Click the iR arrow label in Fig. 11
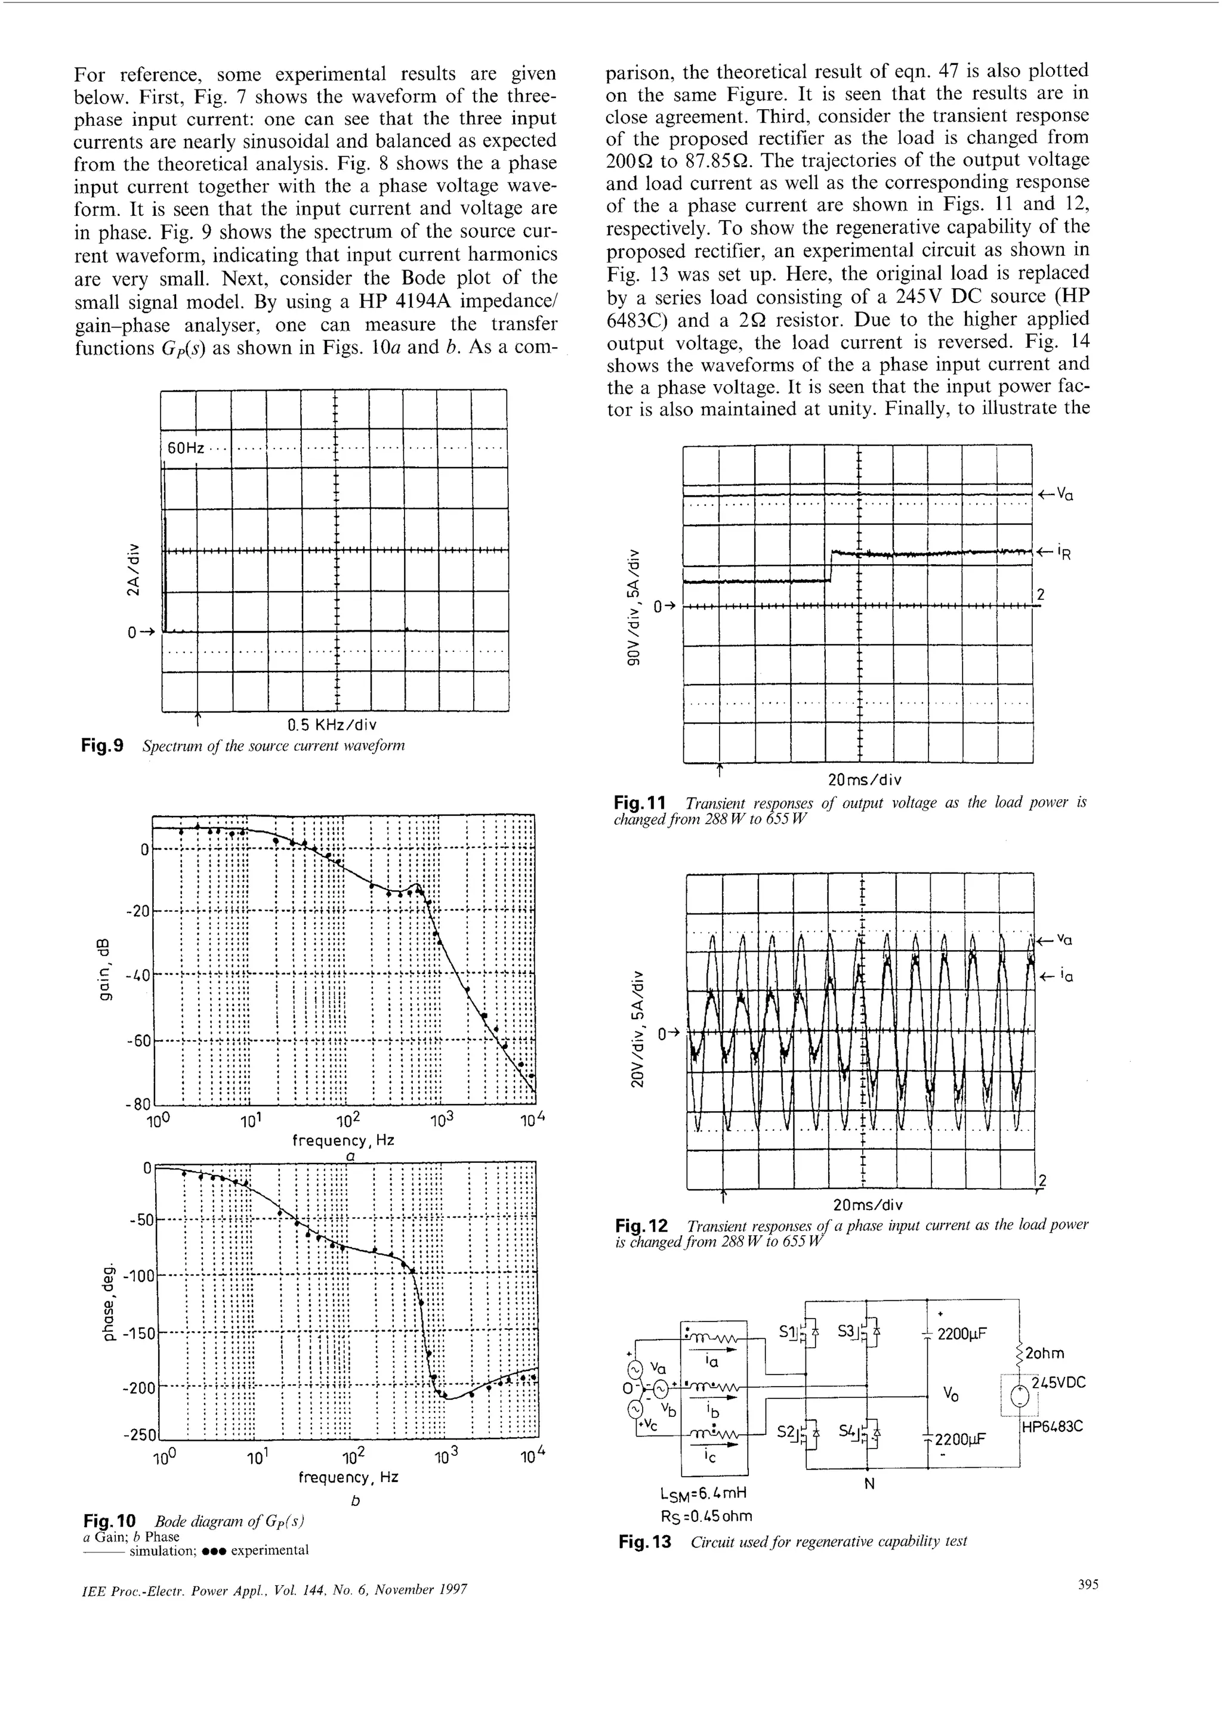coord(1063,553)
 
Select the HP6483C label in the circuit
coord(1052,1426)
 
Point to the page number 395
coord(1087,1585)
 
